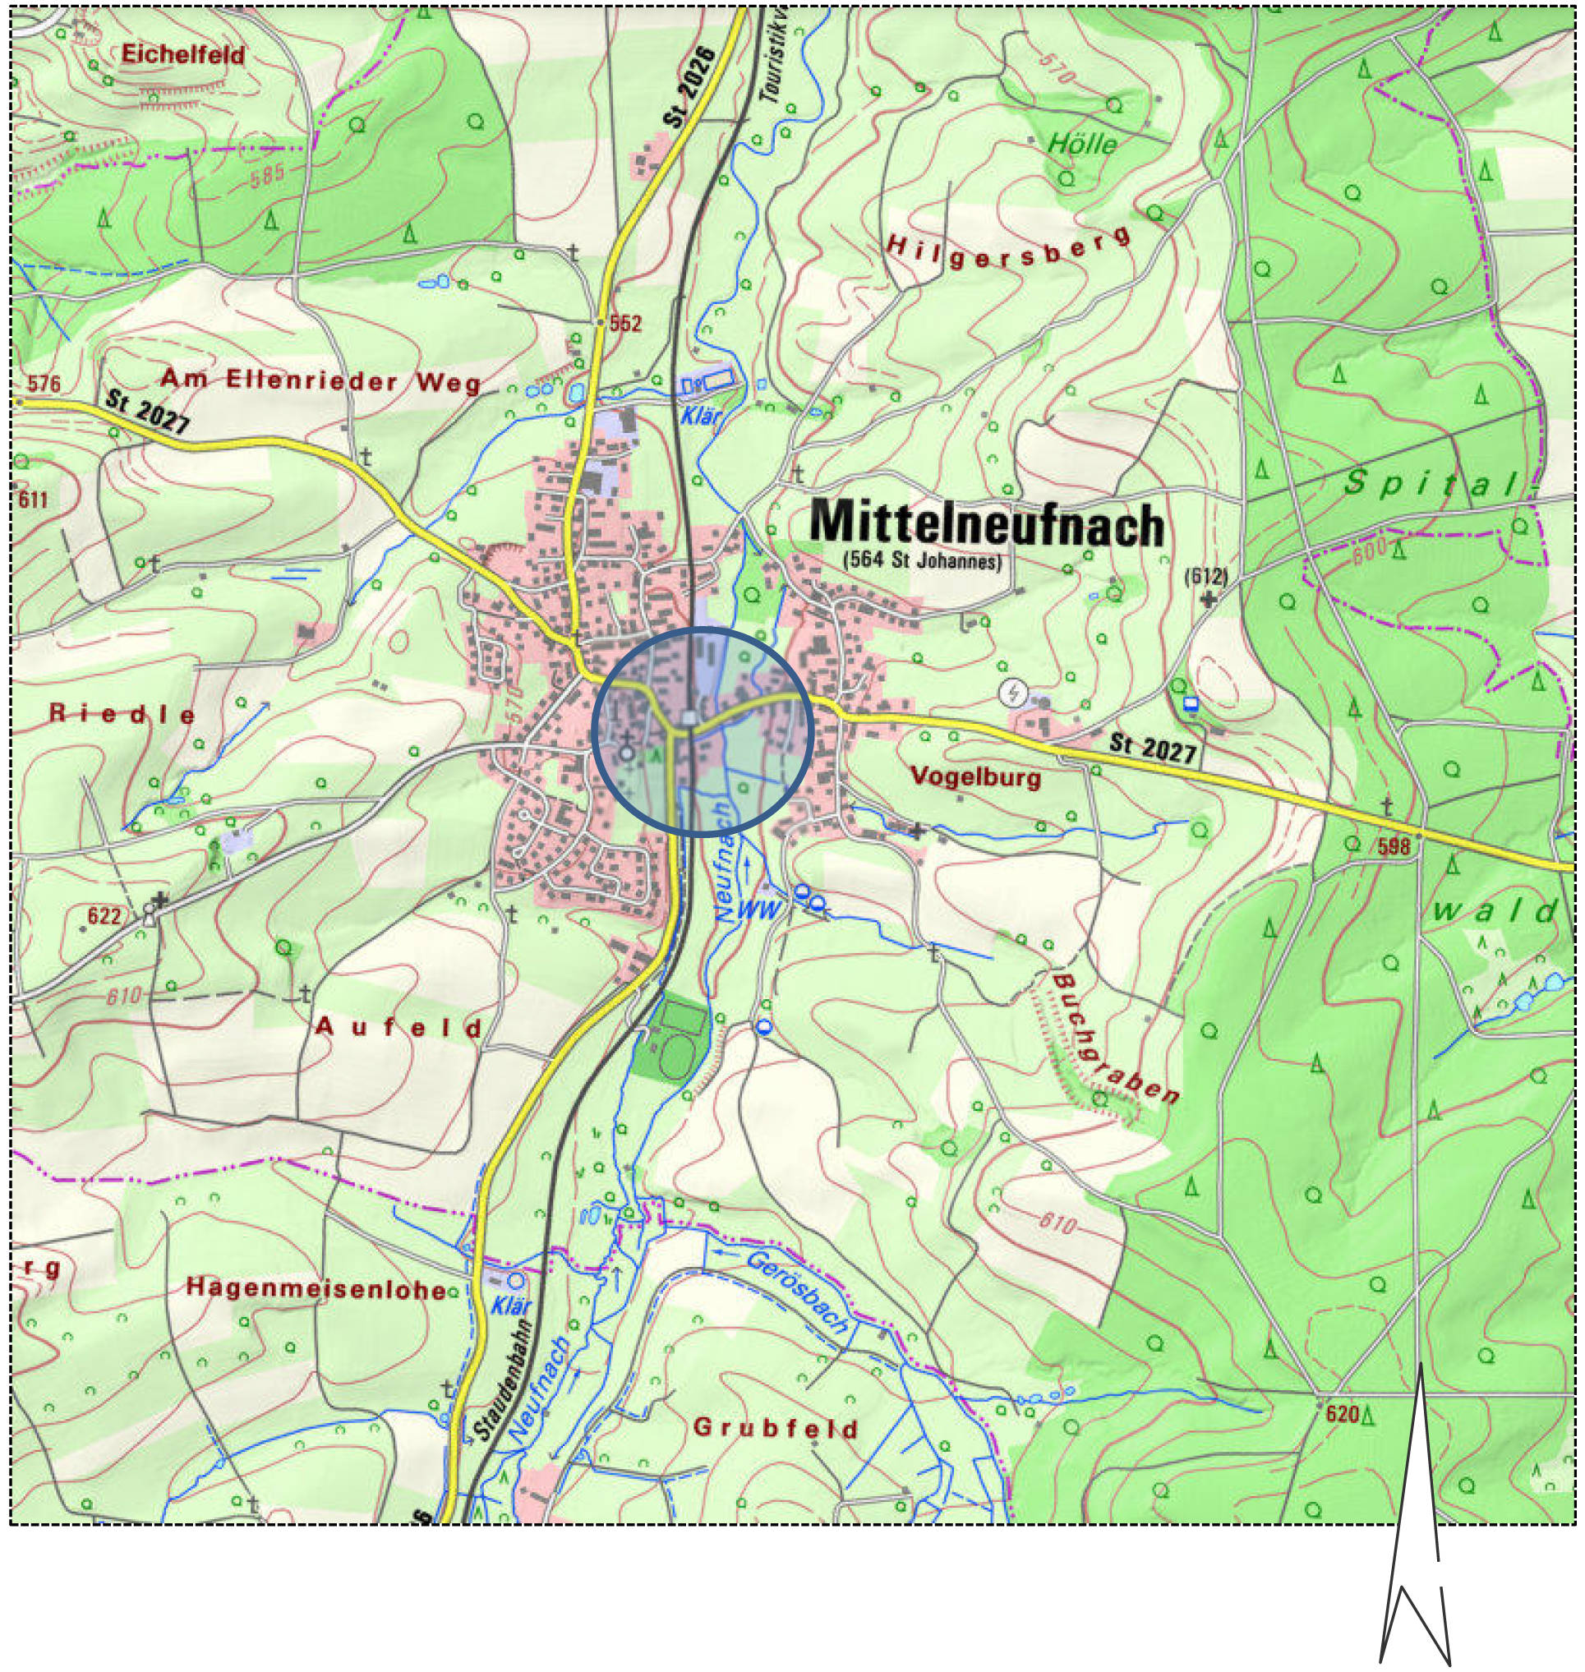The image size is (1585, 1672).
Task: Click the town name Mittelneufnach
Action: pyautogui.click(x=986, y=524)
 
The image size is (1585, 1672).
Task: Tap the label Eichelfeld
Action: pyautogui.click(x=182, y=55)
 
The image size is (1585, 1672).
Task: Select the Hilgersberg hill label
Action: pyautogui.click(x=1007, y=247)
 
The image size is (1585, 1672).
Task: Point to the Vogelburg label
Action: pyautogui.click(x=976, y=776)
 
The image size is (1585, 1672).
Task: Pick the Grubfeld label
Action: pyautogui.click(x=776, y=1428)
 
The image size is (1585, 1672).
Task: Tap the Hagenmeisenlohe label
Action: pyautogui.click(x=315, y=1288)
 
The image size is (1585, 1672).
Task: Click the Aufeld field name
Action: pyautogui.click(x=398, y=1027)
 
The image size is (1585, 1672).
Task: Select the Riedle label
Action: pyautogui.click(x=122, y=714)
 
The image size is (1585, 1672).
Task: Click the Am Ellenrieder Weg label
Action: pyautogui.click(x=320, y=381)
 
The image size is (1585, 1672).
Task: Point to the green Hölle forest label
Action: pyautogui.click(x=1081, y=144)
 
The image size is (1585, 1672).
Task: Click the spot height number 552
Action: pyautogui.click(x=625, y=324)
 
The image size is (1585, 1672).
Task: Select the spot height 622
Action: pyautogui.click(x=104, y=916)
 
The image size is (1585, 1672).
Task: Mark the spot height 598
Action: pyautogui.click(x=1394, y=845)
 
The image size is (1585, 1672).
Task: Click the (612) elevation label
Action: pyautogui.click(x=1205, y=576)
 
